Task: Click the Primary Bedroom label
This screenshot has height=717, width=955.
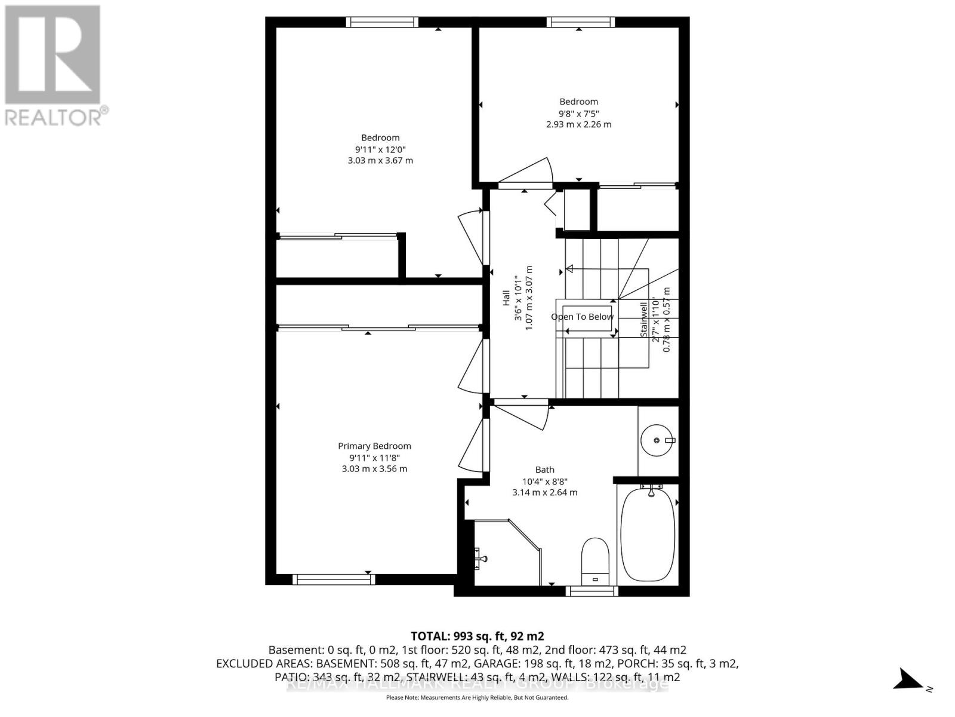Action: (x=374, y=446)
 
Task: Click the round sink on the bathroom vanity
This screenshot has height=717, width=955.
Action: (x=657, y=440)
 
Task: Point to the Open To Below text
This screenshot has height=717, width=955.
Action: (x=582, y=317)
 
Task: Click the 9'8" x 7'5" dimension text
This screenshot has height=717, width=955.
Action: (x=578, y=113)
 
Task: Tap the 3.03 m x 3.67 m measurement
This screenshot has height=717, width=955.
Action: (x=380, y=160)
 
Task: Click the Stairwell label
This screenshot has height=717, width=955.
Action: (x=644, y=320)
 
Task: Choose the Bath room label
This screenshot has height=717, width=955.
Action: (x=544, y=470)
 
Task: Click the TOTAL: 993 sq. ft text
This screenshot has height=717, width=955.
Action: (x=477, y=636)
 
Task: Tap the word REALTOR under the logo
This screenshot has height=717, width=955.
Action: (x=54, y=117)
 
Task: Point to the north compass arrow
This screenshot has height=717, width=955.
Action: (x=908, y=680)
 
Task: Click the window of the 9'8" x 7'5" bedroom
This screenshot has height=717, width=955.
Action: (x=580, y=22)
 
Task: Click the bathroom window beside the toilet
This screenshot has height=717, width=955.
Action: (x=592, y=591)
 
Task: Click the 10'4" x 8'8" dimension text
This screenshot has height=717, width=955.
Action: (x=544, y=481)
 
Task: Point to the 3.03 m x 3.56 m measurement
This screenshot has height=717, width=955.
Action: (x=374, y=468)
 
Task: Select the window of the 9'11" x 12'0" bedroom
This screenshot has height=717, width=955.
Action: (x=382, y=22)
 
